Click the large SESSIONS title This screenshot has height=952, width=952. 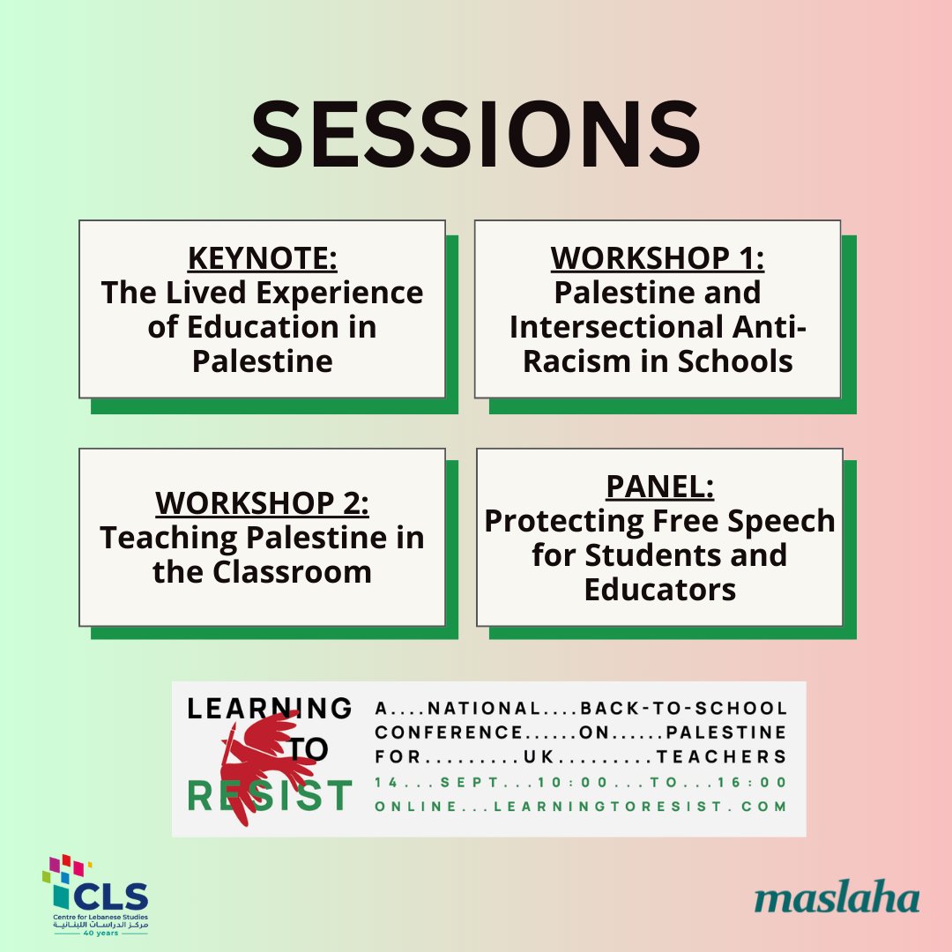(476, 138)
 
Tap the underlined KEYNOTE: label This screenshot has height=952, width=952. (262, 259)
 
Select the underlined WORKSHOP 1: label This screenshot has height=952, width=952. (657, 258)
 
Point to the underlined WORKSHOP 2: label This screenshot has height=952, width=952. (262, 503)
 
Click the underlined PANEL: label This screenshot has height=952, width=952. (659, 487)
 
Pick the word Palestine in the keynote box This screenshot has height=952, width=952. (262, 361)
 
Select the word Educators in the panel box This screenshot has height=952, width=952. (659, 590)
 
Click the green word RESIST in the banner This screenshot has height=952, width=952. (270, 796)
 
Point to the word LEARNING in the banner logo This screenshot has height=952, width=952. (269, 707)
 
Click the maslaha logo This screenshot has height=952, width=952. (837, 898)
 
